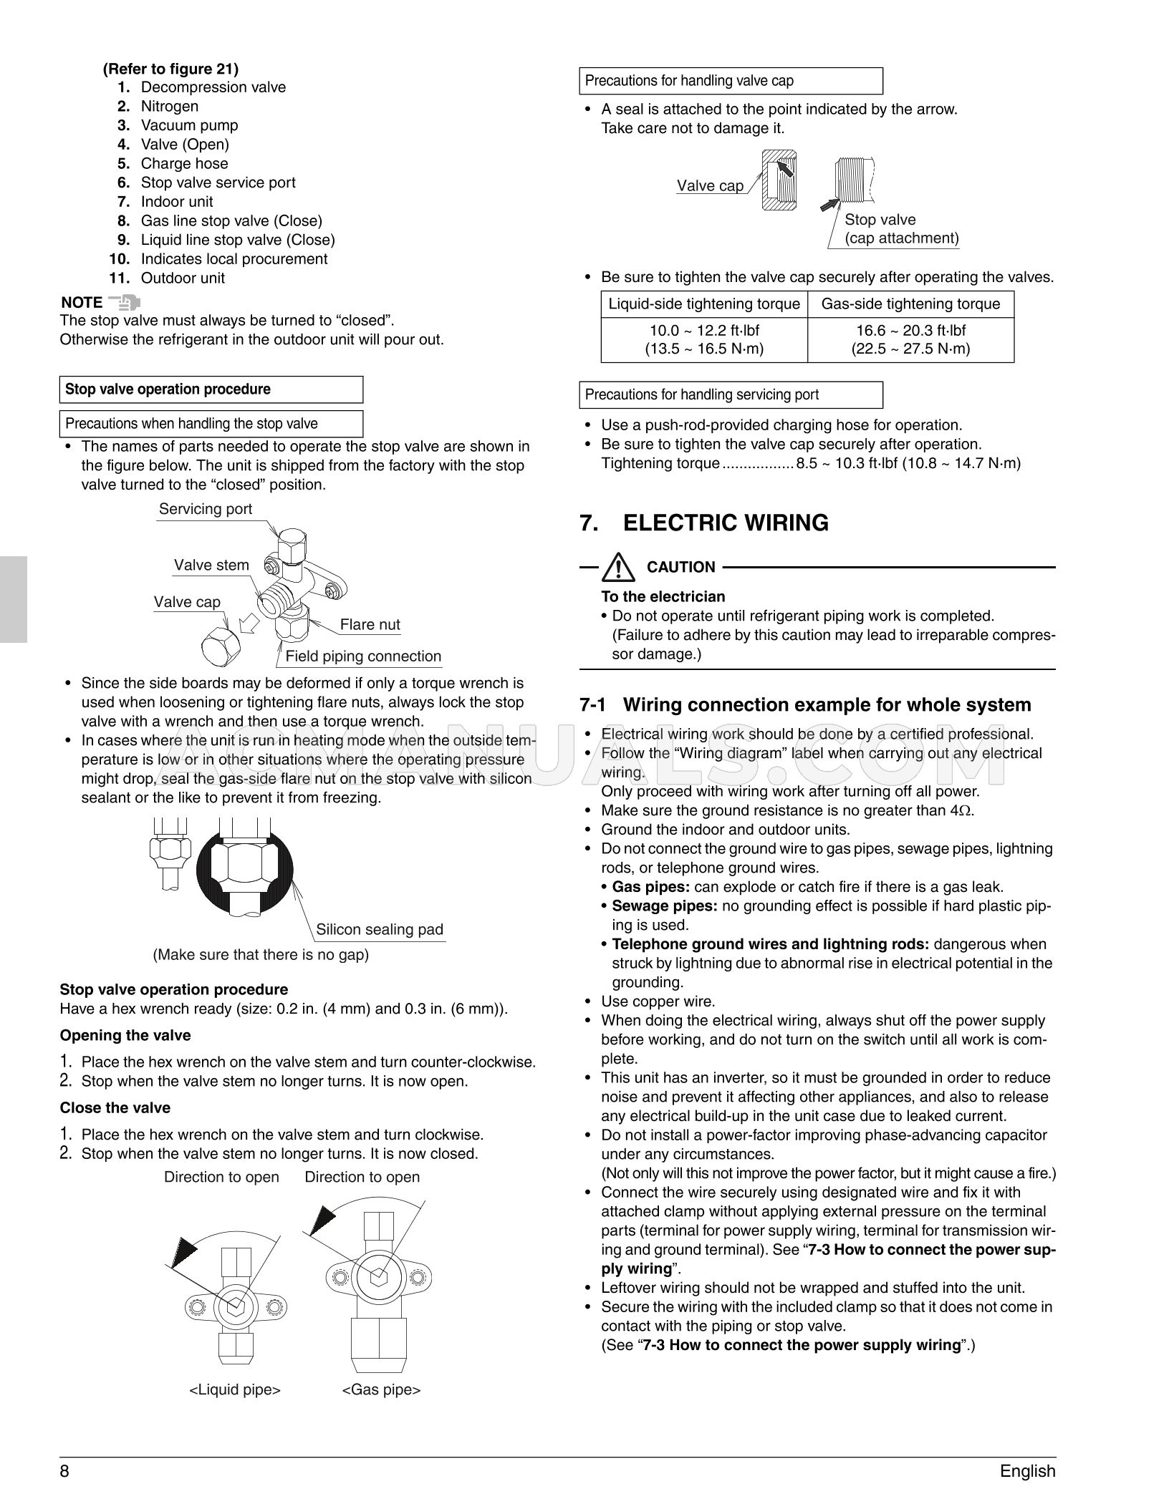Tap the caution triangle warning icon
click(x=618, y=568)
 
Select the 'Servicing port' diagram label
click(x=206, y=509)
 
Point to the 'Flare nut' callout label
click(x=370, y=625)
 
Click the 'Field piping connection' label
click(x=363, y=656)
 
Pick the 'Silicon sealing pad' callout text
click(x=380, y=930)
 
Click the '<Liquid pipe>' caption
click(x=235, y=1389)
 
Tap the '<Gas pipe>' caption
click(x=381, y=1389)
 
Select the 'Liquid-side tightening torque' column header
click(x=704, y=304)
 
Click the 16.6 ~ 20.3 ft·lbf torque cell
click(x=910, y=340)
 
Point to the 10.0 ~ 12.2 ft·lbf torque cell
click(x=704, y=340)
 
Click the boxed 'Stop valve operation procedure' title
click(x=168, y=389)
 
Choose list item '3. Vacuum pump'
click(x=189, y=125)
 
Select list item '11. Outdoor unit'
click(x=182, y=278)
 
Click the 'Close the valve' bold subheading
click(x=115, y=1108)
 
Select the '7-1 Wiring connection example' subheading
click(x=805, y=705)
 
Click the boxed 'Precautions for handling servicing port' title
click(x=701, y=395)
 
